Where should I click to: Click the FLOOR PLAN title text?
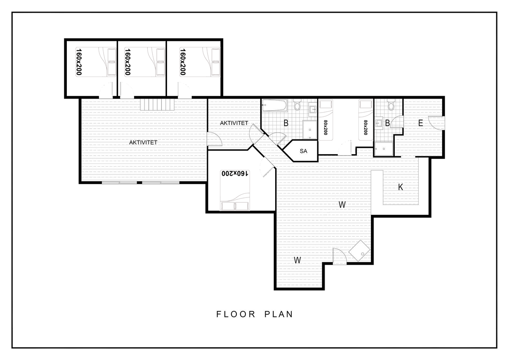[254, 314]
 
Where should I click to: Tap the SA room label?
[303, 151]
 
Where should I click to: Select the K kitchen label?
[401, 187]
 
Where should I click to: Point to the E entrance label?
[420, 123]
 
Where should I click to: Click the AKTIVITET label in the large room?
[143, 142]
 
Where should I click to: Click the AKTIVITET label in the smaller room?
[234, 123]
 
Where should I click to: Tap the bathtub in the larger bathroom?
[274, 106]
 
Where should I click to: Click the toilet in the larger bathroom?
[297, 104]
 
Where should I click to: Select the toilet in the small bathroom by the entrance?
[391, 104]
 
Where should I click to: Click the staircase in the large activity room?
[157, 104]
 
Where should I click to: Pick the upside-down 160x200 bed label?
[235, 174]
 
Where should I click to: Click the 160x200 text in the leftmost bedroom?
[79, 62]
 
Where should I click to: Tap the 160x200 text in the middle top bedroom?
[128, 62]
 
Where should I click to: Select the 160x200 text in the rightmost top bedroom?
[183, 62]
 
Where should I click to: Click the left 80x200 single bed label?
[325, 127]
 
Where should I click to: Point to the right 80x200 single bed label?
[365, 127]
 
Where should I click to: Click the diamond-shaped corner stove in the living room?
[359, 251]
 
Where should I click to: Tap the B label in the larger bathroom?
[286, 123]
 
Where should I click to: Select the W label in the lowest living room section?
[297, 260]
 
